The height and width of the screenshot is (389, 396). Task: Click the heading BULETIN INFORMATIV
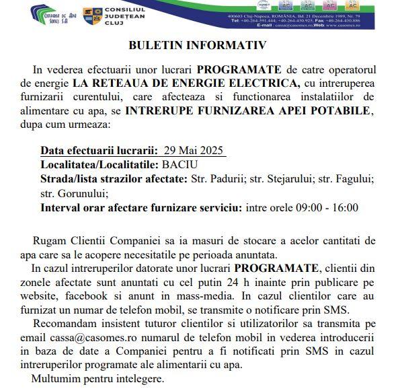pyautogui.click(x=198, y=46)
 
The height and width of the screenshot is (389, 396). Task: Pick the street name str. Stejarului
pyautogui.click(x=293, y=178)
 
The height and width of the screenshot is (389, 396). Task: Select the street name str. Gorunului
pyautogui.click(x=70, y=193)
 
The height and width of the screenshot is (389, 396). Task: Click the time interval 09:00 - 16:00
pyautogui.click(x=322, y=207)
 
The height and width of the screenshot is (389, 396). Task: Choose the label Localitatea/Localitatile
pyautogui.click(x=99, y=164)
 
